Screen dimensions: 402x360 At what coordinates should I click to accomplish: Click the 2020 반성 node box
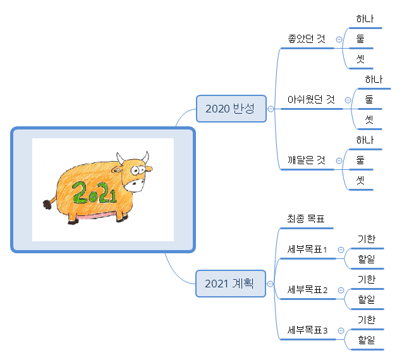[x=231, y=109]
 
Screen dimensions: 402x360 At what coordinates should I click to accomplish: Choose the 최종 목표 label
[x=306, y=220]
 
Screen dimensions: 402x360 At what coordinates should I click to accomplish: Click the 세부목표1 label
[x=307, y=249]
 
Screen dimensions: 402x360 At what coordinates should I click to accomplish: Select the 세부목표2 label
[x=307, y=290]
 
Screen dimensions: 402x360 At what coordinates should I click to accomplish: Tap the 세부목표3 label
[x=307, y=330]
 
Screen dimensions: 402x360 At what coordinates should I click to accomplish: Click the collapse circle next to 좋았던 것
[x=339, y=39]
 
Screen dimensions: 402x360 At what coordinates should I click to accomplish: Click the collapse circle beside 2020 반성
[x=271, y=109]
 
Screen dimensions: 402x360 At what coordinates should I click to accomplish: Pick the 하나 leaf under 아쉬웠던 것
[x=374, y=80]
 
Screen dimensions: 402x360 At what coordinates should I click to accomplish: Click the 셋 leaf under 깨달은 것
[x=361, y=180]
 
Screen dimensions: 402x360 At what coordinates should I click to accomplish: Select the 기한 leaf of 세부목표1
[x=366, y=239]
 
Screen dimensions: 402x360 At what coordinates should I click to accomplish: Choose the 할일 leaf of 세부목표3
[x=366, y=340]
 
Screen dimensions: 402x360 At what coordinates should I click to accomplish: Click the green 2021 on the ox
[x=94, y=192]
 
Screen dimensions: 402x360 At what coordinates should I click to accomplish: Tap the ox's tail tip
[x=46, y=205]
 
